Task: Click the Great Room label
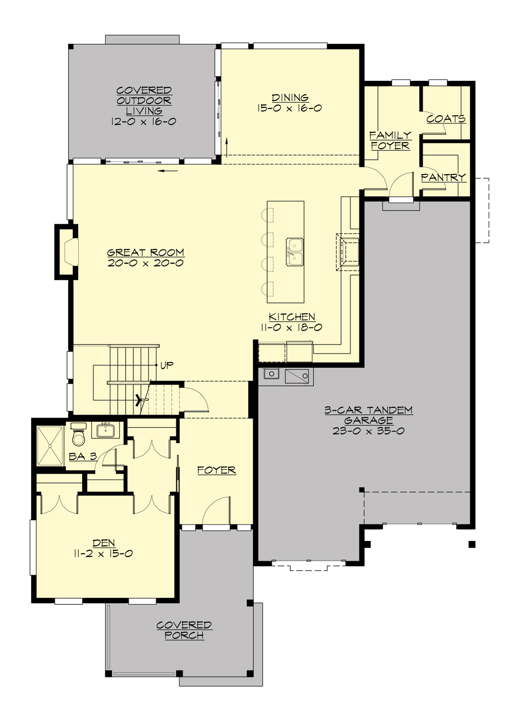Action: [x=145, y=253]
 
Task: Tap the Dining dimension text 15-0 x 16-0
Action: [x=290, y=108]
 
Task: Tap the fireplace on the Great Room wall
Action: [x=68, y=251]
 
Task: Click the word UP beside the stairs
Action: [x=167, y=365]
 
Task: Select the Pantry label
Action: [x=443, y=177]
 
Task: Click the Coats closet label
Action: [x=445, y=118]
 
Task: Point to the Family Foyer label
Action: [x=390, y=140]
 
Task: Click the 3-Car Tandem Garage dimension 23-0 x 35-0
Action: [x=368, y=431]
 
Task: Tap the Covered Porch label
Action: [x=184, y=630]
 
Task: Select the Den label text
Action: [x=103, y=543]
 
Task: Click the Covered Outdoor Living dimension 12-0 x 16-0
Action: [x=144, y=122]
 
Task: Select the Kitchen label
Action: [x=292, y=317]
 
